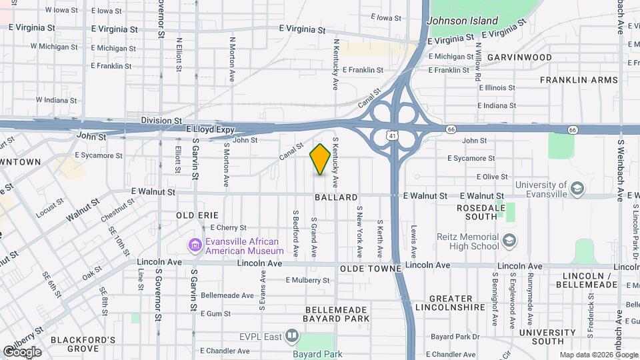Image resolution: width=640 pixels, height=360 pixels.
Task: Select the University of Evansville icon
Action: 577,189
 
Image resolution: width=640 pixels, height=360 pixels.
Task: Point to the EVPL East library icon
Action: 291,336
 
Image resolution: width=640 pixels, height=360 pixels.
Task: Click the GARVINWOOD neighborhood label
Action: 519,57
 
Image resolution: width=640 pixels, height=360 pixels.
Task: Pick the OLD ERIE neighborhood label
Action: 197,216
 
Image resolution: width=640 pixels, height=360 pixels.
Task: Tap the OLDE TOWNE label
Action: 370,268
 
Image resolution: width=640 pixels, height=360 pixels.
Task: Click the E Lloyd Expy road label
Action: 211,129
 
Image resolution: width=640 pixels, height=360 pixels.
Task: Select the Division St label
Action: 161,121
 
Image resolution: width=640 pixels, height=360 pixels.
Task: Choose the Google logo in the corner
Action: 22,352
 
